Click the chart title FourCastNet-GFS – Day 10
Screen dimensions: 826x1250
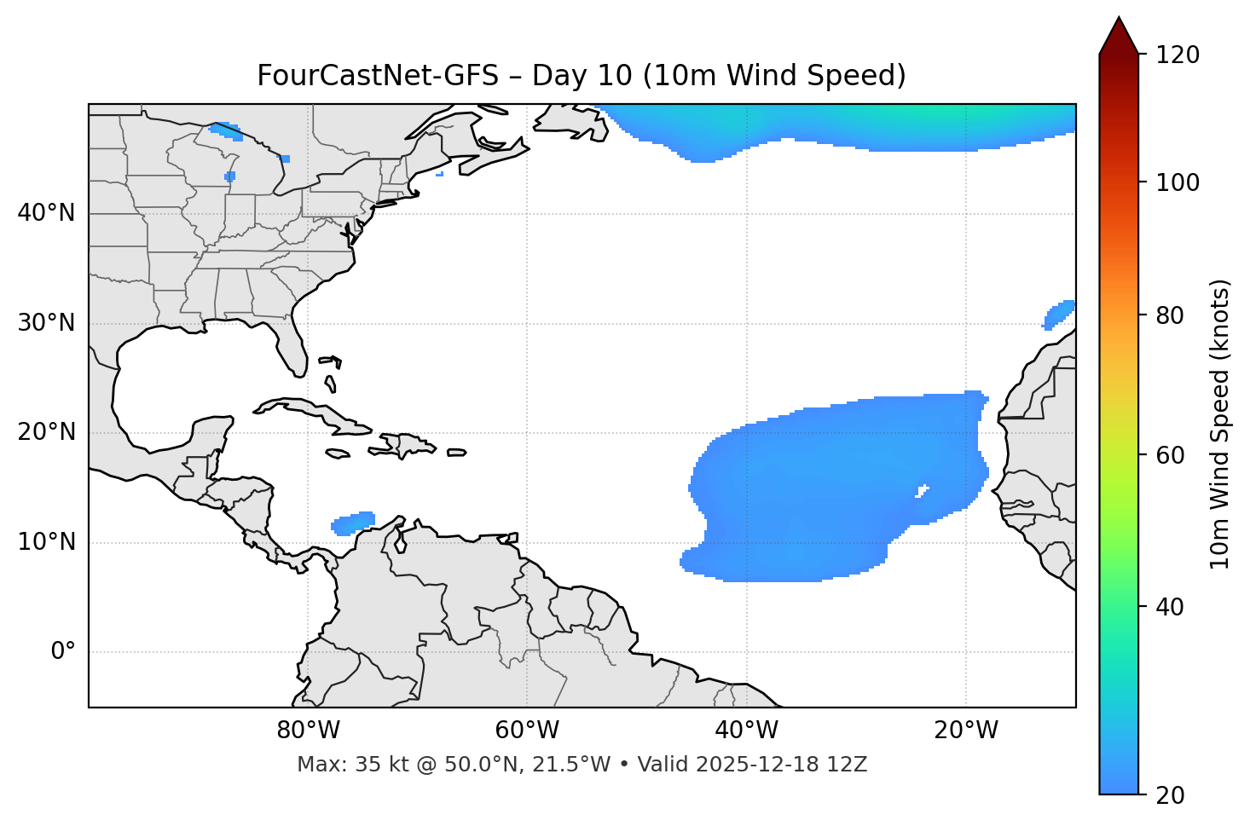point(581,76)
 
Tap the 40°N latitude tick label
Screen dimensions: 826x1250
point(46,212)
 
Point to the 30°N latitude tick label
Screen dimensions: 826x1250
point(46,323)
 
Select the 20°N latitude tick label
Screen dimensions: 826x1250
point(46,432)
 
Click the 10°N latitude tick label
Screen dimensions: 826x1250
point(46,542)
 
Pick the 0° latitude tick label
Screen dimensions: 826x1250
point(63,652)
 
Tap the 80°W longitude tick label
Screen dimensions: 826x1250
point(308,731)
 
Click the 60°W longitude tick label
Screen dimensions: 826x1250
point(527,731)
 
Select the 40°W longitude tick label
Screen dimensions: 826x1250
point(746,731)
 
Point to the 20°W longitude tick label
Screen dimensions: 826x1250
point(966,731)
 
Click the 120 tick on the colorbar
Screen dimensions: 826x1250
point(1178,55)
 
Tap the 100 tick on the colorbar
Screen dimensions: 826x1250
point(1178,182)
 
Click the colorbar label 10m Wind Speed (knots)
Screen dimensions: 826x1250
point(1220,424)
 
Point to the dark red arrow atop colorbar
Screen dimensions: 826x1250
point(1119,37)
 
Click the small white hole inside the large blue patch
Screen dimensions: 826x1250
point(922,491)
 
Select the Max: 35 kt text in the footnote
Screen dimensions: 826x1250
point(354,765)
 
